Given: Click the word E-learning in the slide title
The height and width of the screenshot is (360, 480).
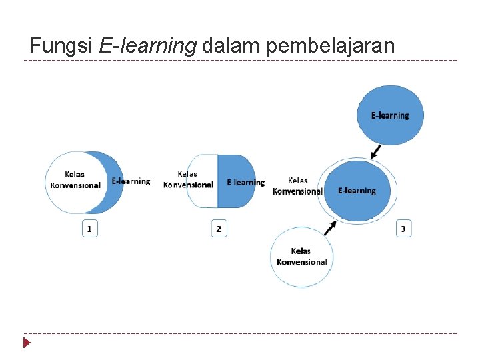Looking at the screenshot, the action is click(x=147, y=46).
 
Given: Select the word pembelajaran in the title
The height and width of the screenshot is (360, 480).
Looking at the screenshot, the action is click(x=331, y=46).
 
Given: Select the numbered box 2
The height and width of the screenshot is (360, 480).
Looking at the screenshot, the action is click(x=219, y=229).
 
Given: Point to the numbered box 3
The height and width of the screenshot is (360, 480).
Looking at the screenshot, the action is click(x=403, y=229).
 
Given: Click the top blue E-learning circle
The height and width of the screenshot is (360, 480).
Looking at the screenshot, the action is click(x=390, y=115).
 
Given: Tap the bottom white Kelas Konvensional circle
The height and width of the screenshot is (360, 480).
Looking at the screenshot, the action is click(x=302, y=257).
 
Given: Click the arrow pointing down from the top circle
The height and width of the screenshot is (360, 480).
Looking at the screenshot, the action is click(x=377, y=152).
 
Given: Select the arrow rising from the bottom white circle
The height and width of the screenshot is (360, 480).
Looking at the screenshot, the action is click(x=329, y=229).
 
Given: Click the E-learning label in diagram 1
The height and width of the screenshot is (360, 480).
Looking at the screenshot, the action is click(x=131, y=181).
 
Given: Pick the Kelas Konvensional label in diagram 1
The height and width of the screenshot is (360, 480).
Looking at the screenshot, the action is click(x=75, y=180).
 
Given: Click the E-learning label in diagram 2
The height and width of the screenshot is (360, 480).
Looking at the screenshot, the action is click(x=245, y=182).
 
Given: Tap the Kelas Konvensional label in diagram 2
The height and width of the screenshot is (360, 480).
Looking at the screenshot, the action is click(x=188, y=179).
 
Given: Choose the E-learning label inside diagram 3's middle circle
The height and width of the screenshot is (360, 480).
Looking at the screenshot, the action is click(x=357, y=191).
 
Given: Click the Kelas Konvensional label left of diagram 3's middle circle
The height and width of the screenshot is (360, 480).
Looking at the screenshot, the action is click(x=297, y=185).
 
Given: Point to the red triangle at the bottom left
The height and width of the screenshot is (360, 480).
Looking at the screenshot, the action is click(x=27, y=343).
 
